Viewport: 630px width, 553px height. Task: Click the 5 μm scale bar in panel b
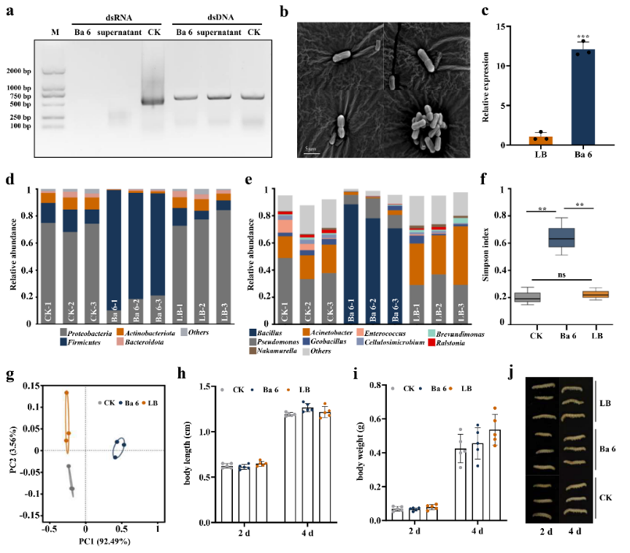point(311,153)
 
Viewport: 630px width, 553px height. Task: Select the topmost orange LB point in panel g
point(66,392)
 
